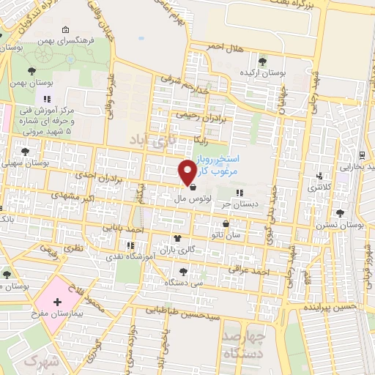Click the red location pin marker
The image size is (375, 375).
coord(187,171)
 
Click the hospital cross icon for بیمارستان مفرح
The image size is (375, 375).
coord(58,302)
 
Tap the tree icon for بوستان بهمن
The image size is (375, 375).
coord(31,71)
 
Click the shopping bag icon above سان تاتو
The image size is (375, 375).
coord(226,223)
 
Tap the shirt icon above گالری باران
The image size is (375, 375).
coord(177,239)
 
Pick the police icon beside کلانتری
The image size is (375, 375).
coord(319,176)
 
